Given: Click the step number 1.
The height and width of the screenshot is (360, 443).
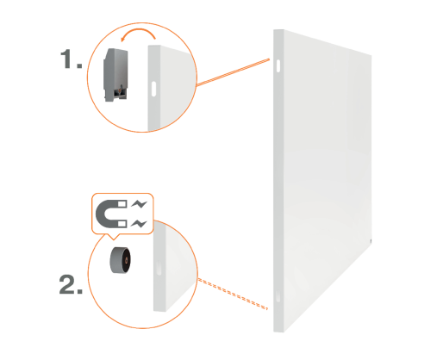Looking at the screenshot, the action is [71, 59].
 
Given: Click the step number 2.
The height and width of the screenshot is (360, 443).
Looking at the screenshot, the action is [71, 284].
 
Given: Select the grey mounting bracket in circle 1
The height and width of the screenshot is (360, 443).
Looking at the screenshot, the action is [115, 75].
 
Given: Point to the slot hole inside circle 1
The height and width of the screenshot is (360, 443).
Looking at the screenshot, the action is [153, 89].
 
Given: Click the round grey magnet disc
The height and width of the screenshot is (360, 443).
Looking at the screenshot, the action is [120, 260].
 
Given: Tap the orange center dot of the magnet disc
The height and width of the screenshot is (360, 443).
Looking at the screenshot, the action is [126, 260].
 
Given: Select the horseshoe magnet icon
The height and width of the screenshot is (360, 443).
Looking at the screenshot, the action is [111, 214].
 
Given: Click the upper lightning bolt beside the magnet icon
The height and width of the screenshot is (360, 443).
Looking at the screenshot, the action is [139, 204].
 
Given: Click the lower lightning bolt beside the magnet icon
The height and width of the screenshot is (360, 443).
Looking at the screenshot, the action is [139, 223].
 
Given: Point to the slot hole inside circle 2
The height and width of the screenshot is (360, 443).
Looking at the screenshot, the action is [159, 268].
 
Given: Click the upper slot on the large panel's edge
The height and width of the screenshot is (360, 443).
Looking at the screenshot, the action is [278, 65].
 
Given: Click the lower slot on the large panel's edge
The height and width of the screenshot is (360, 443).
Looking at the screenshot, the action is [278, 296].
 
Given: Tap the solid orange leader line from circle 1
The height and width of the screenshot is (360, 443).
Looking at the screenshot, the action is [233, 72].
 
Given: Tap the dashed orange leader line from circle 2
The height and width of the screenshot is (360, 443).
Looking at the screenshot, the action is [233, 294].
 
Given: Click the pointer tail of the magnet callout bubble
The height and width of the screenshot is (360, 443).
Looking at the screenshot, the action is [114, 237].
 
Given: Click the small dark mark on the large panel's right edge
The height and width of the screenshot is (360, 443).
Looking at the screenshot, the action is [371, 241].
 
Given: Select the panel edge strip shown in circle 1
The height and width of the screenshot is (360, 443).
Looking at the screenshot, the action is [154, 88].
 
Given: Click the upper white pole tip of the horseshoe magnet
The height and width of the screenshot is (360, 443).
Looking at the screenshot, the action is [122, 204].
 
